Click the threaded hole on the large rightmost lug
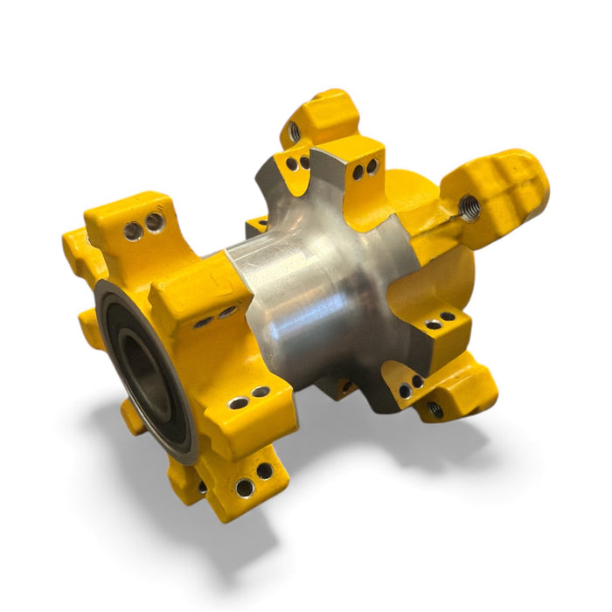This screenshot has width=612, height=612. point(469,208)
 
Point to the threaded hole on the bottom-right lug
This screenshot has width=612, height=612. point(435,407)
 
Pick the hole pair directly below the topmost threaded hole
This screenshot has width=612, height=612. point(297,163)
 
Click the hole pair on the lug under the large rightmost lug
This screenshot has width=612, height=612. point(441,320)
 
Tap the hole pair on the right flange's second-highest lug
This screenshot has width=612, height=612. point(365,169)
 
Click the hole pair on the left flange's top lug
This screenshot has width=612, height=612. point(143,226)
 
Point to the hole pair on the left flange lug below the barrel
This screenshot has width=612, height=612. point(249,398)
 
